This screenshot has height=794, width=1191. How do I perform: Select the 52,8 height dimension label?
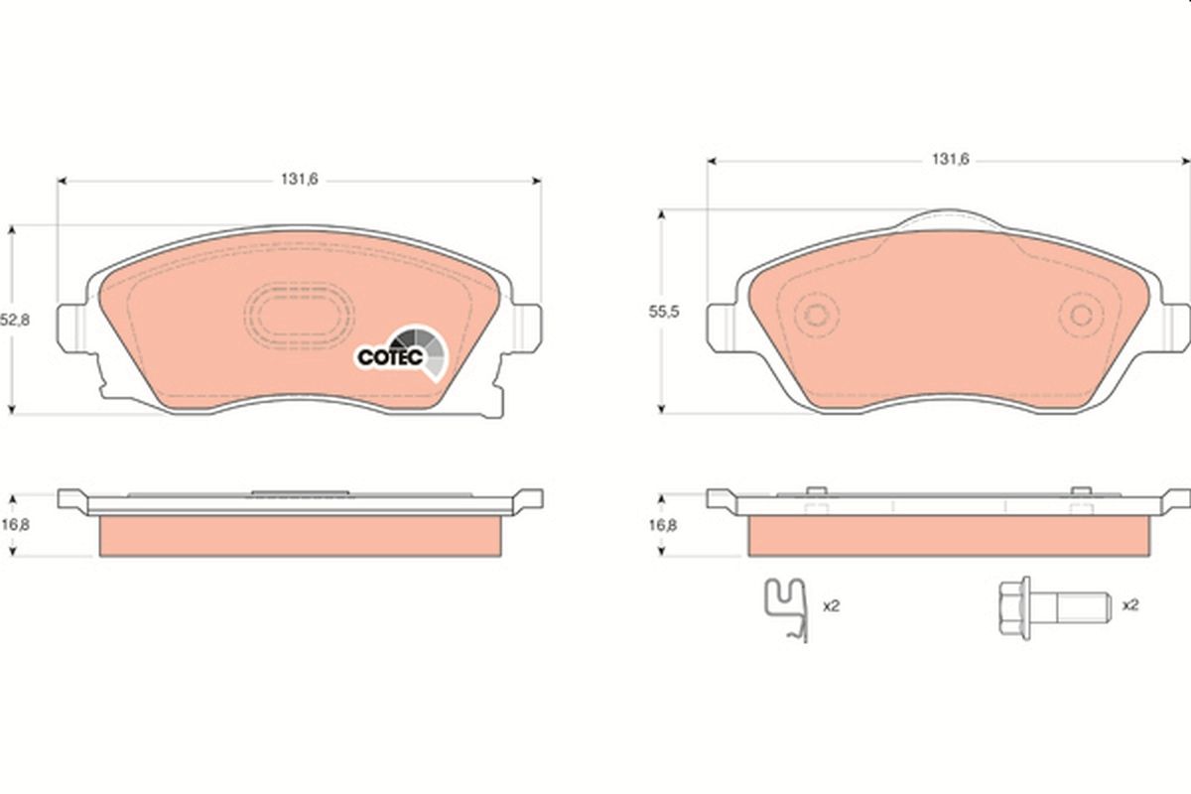click(x=11, y=321)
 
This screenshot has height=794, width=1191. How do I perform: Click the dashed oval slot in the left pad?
click(x=299, y=316)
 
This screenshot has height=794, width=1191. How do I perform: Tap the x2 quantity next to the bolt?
click(x=1129, y=603)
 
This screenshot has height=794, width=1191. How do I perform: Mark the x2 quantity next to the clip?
click(x=832, y=603)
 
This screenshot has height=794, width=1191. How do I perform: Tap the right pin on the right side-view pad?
click(x=1079, y=491)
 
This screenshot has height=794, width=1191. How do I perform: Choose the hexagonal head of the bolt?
click(x=1010, y=604)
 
